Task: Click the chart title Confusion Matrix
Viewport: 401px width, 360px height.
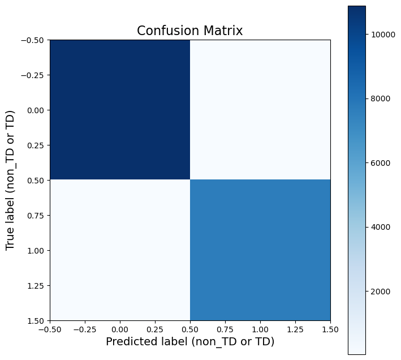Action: click(x=190, y=31)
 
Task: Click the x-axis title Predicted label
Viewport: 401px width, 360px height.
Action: click(x=190, y=342)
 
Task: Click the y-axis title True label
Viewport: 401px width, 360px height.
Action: click(x=10, y=180)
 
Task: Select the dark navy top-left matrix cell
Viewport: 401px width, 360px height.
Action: click(x=120, y=109)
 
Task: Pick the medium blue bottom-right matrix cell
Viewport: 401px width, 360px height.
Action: click(x=260, y=250)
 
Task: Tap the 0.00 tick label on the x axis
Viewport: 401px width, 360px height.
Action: click(x=120, y=329)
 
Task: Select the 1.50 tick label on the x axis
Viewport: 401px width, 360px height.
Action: click(x=330, y=329)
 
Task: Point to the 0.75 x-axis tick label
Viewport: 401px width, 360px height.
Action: click(x=225, y=329)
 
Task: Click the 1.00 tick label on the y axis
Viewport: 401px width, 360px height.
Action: click(x=37, y=250)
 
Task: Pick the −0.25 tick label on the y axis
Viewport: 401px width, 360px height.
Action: click(x=35, y=75)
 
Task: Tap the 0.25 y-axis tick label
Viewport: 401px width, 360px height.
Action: click(x=37, y=145)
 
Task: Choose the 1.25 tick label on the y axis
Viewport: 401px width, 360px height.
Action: click(x=37, y=285)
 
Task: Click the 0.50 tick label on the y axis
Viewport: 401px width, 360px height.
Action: click(x=37, y=180)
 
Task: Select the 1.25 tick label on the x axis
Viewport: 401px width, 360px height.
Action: click(x=295, y=329)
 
